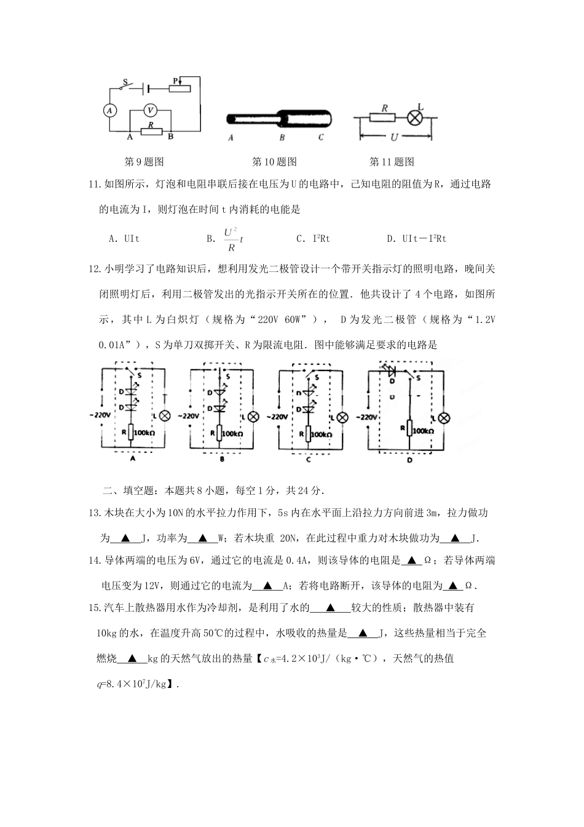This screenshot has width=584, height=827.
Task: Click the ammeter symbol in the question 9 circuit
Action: [x=109, y=110]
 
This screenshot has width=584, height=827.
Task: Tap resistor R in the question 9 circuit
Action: [x=151, y=130]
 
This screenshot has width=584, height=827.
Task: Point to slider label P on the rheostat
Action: [x=175, y=81]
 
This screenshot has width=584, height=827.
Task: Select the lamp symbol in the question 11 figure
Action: [x=416, y=116]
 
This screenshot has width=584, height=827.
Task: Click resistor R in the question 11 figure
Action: [x=382, y=116]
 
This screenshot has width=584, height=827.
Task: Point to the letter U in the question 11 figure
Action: [x=393, y=137]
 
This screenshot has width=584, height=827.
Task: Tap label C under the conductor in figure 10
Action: [x=321, y=138]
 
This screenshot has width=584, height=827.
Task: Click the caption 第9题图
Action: [x=144, y=162]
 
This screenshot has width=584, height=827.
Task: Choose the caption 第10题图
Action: [x=274, y=162]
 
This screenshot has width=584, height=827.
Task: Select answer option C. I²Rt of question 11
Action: [x=313, y=239]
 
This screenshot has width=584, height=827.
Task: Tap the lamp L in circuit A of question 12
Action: [x=165, y=415]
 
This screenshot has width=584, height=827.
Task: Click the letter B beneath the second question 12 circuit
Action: [x=221, y=459]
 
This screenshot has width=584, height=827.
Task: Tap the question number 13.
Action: [x=94, y=513]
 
